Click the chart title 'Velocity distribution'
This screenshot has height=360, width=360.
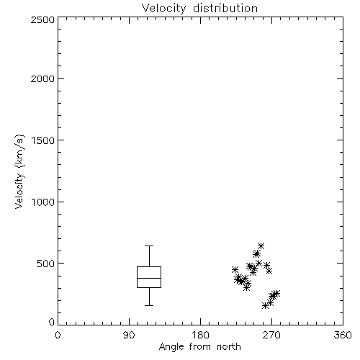click(x=199, y=9)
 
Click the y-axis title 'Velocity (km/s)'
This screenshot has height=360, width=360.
click(x=19, y=171)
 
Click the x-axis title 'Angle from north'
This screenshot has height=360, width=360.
click(x=199, y=347)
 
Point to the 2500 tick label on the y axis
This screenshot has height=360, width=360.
click(x=42, y=19)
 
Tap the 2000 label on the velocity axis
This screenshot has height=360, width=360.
click(x=42, y=78)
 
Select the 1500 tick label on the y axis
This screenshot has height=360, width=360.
click(x=43, y=140)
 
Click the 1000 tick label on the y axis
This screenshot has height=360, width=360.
click(x=43, y=202)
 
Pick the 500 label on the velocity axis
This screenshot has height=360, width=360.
click(x=46, y=264)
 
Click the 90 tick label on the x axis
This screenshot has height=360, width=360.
click(x=129, y=335)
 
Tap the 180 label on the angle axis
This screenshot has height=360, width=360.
click(x=200, y=335)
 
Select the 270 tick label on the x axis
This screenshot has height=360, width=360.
click(x=271, y=335)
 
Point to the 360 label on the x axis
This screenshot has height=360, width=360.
click(x=343, y=335)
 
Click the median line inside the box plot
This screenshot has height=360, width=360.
click(x=149, y=278)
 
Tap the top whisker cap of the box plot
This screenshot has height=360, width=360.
click(x=149, y=246)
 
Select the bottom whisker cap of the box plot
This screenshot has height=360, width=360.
click(x=149, y=305)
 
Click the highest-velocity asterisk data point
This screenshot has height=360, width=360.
click(x=261, y=246)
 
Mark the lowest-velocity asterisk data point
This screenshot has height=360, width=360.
click(x=265, y=305)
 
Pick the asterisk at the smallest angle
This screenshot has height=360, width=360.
click(x=235, y=269)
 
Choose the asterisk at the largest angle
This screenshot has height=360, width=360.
click(x=276, y=293)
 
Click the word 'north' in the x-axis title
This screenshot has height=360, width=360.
click(x=229, y=347)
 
